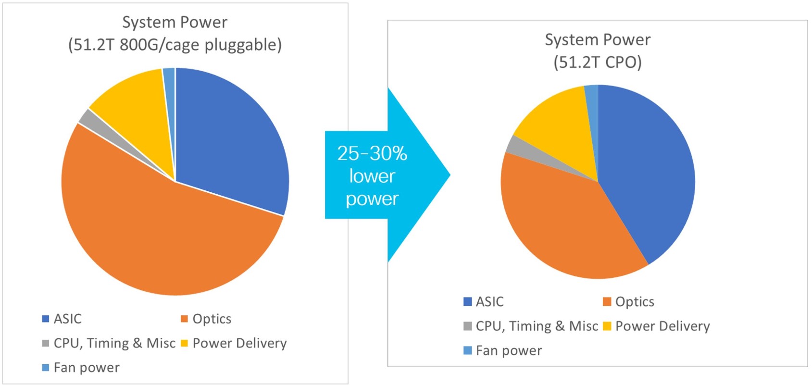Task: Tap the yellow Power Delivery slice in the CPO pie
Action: tap(558, 125)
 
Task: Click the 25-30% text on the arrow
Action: tap(372, 153)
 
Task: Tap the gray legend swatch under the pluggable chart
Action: tap(46, 343)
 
